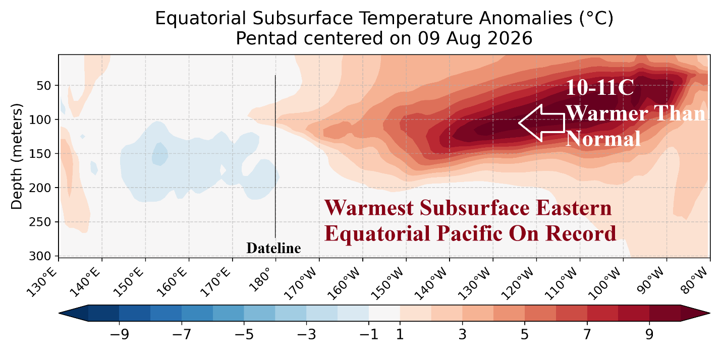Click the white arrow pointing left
tap(542, 123)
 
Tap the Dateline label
tap(273, 248)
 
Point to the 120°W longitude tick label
tap(518, 284)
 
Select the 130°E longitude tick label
tap(41, 283)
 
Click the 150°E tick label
tap(128, 283)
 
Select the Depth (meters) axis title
tap(17, 156)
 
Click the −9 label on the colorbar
tap(120, 335)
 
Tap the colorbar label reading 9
tap(649, 335)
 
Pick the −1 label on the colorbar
tap(369, 335)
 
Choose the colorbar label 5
tap(525, 335)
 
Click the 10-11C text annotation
tap(599, 88)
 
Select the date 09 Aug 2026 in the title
tap(475, 39)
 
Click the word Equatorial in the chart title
tap(200, 19)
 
